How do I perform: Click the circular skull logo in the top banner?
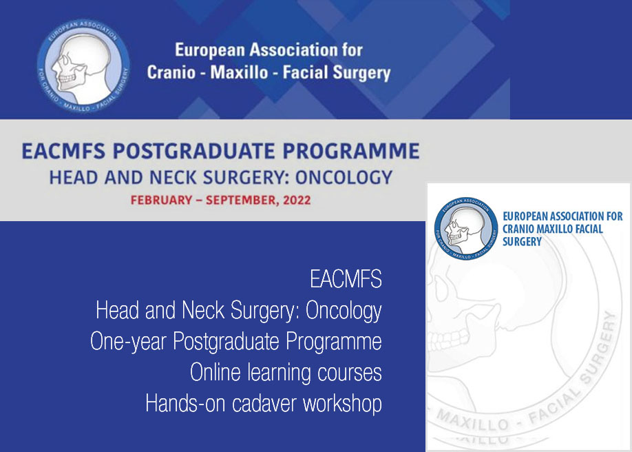83,65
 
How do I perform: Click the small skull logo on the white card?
466,229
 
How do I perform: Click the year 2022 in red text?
297,201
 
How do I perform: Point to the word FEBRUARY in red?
161,201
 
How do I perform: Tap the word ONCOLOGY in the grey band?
344,178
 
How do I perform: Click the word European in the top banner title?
210,50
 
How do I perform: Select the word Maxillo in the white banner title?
239,72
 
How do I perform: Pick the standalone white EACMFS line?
346,279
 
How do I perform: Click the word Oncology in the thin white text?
344,311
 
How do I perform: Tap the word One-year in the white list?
128,342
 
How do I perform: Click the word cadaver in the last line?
264,403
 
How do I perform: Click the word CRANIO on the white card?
518,229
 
